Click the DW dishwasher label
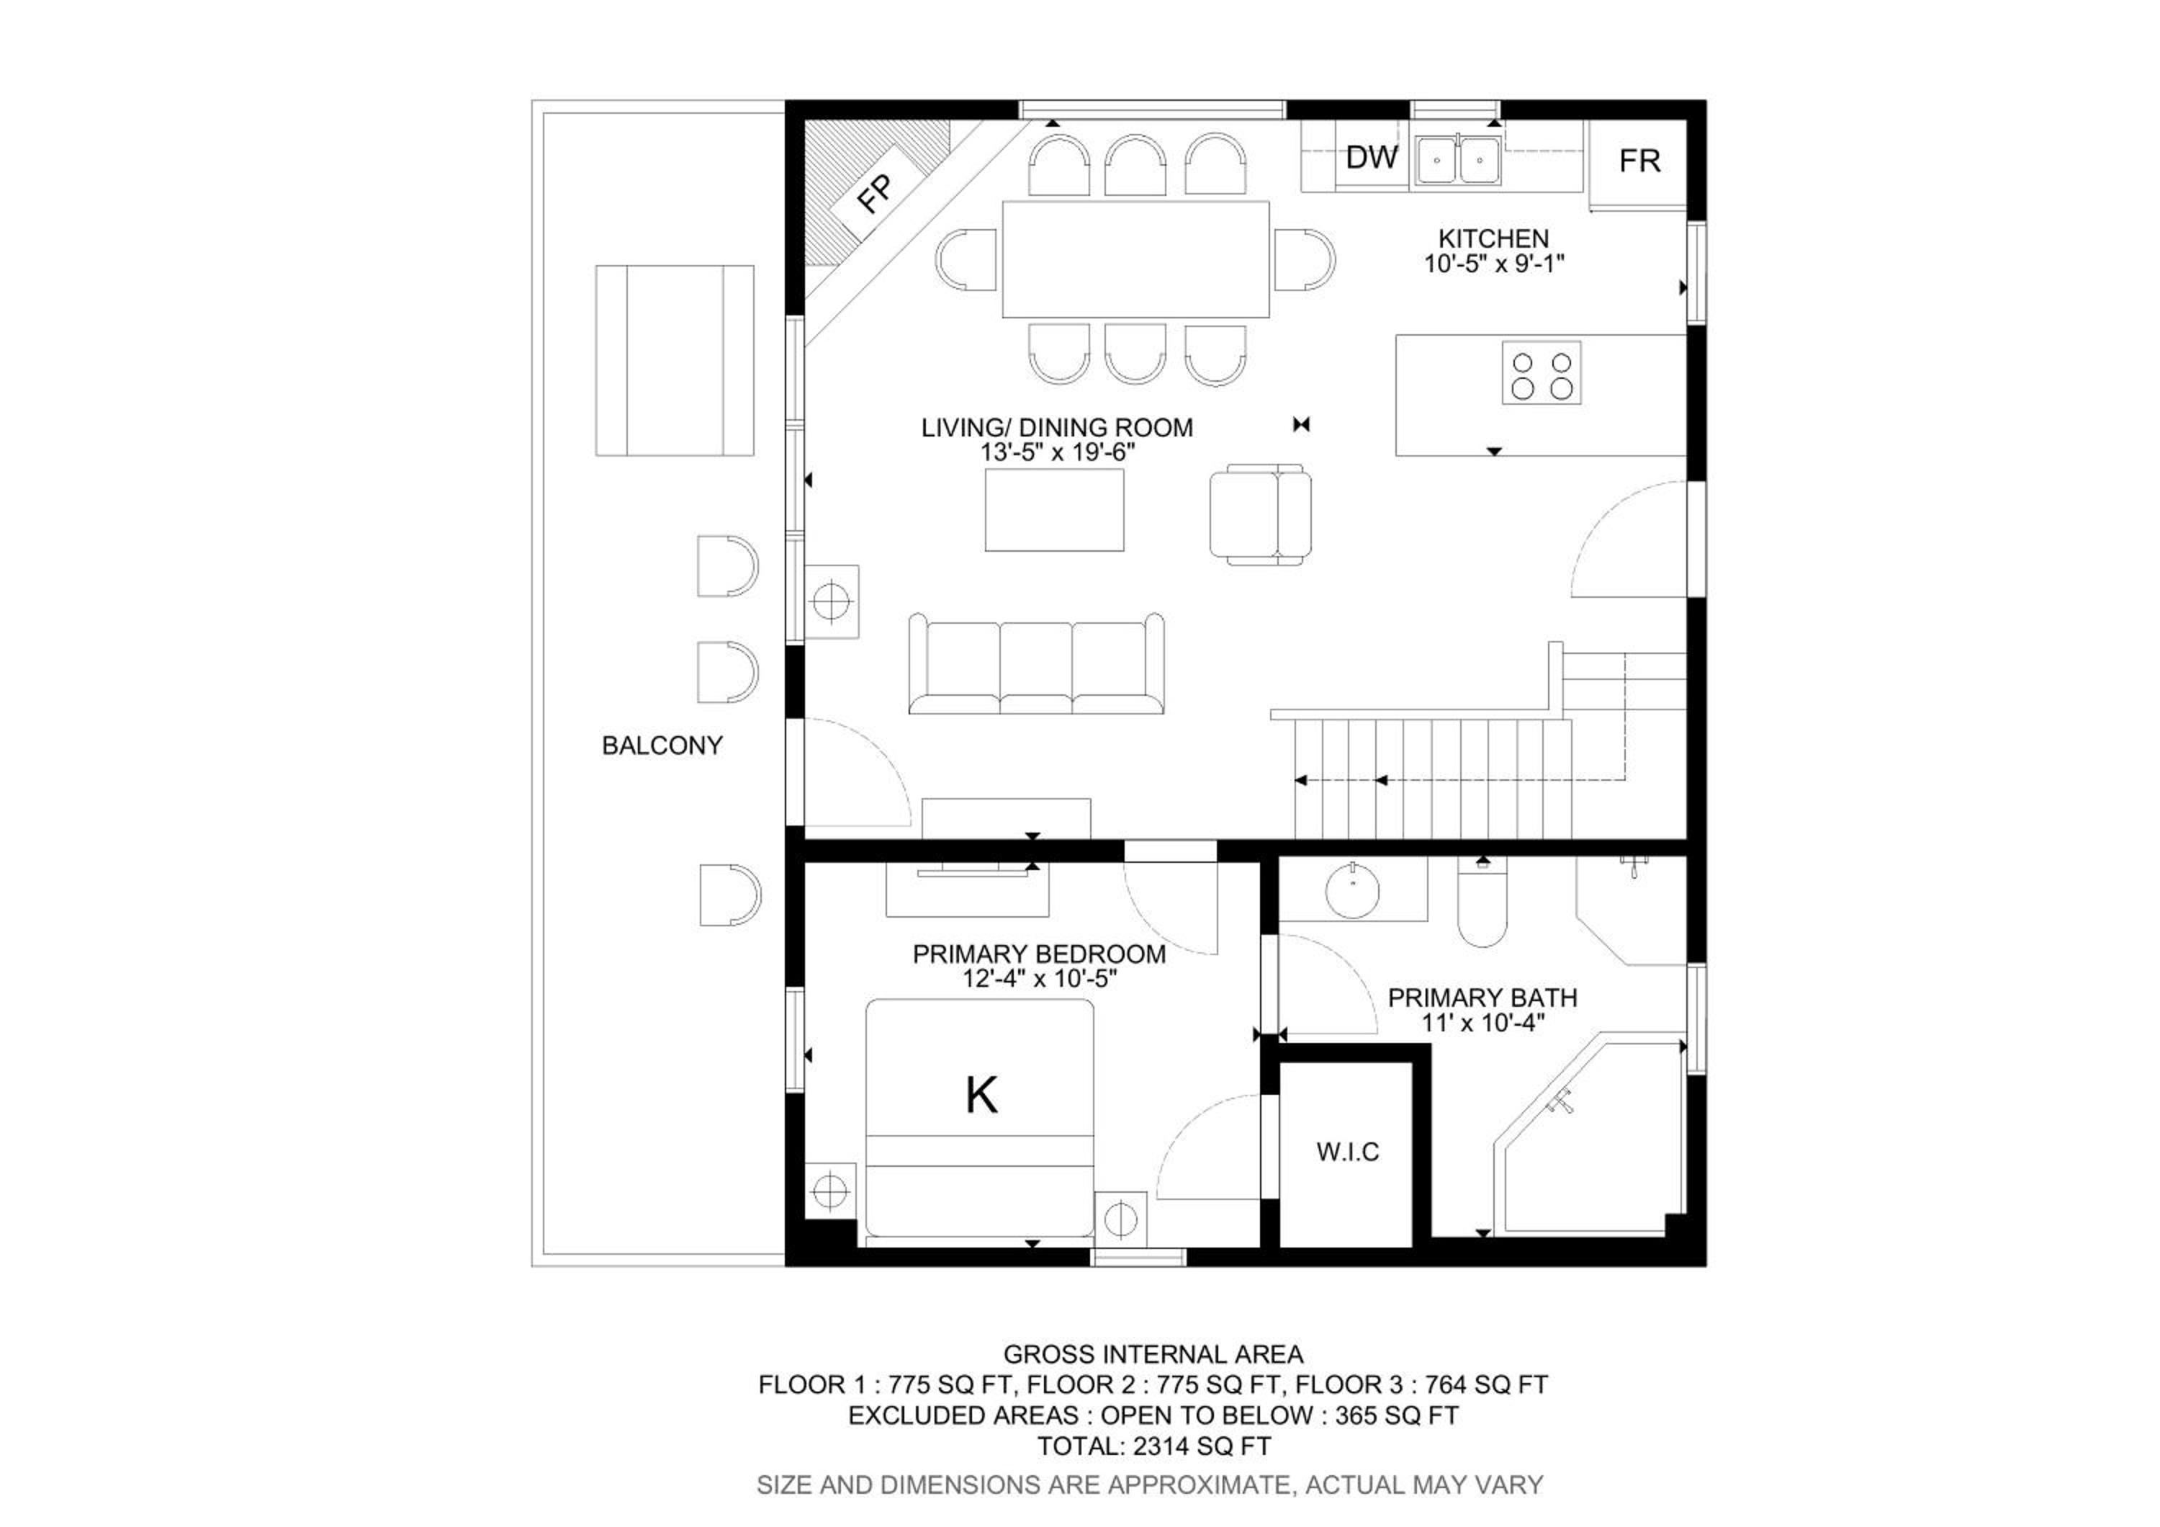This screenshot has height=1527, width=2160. click(x=1372, y=157)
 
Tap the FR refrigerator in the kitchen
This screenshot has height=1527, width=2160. click(x=1638, y=163)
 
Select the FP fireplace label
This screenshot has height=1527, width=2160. click(x=875, y=194)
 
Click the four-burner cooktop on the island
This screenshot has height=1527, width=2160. click(x=1541, y=374)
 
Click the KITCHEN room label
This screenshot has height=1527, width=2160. click(x=1494, y=239)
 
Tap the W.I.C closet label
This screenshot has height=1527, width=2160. click(x=1348, y=1152)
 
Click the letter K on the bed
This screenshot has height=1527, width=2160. click(x=981, y=1095)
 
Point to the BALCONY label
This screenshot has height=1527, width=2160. click(x=662, y=746)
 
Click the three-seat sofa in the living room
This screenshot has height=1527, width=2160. click(x=1037, y=664)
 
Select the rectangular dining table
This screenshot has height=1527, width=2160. click(x=1135, y=259)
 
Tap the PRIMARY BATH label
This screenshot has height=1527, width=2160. click(x=1482, y=998)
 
